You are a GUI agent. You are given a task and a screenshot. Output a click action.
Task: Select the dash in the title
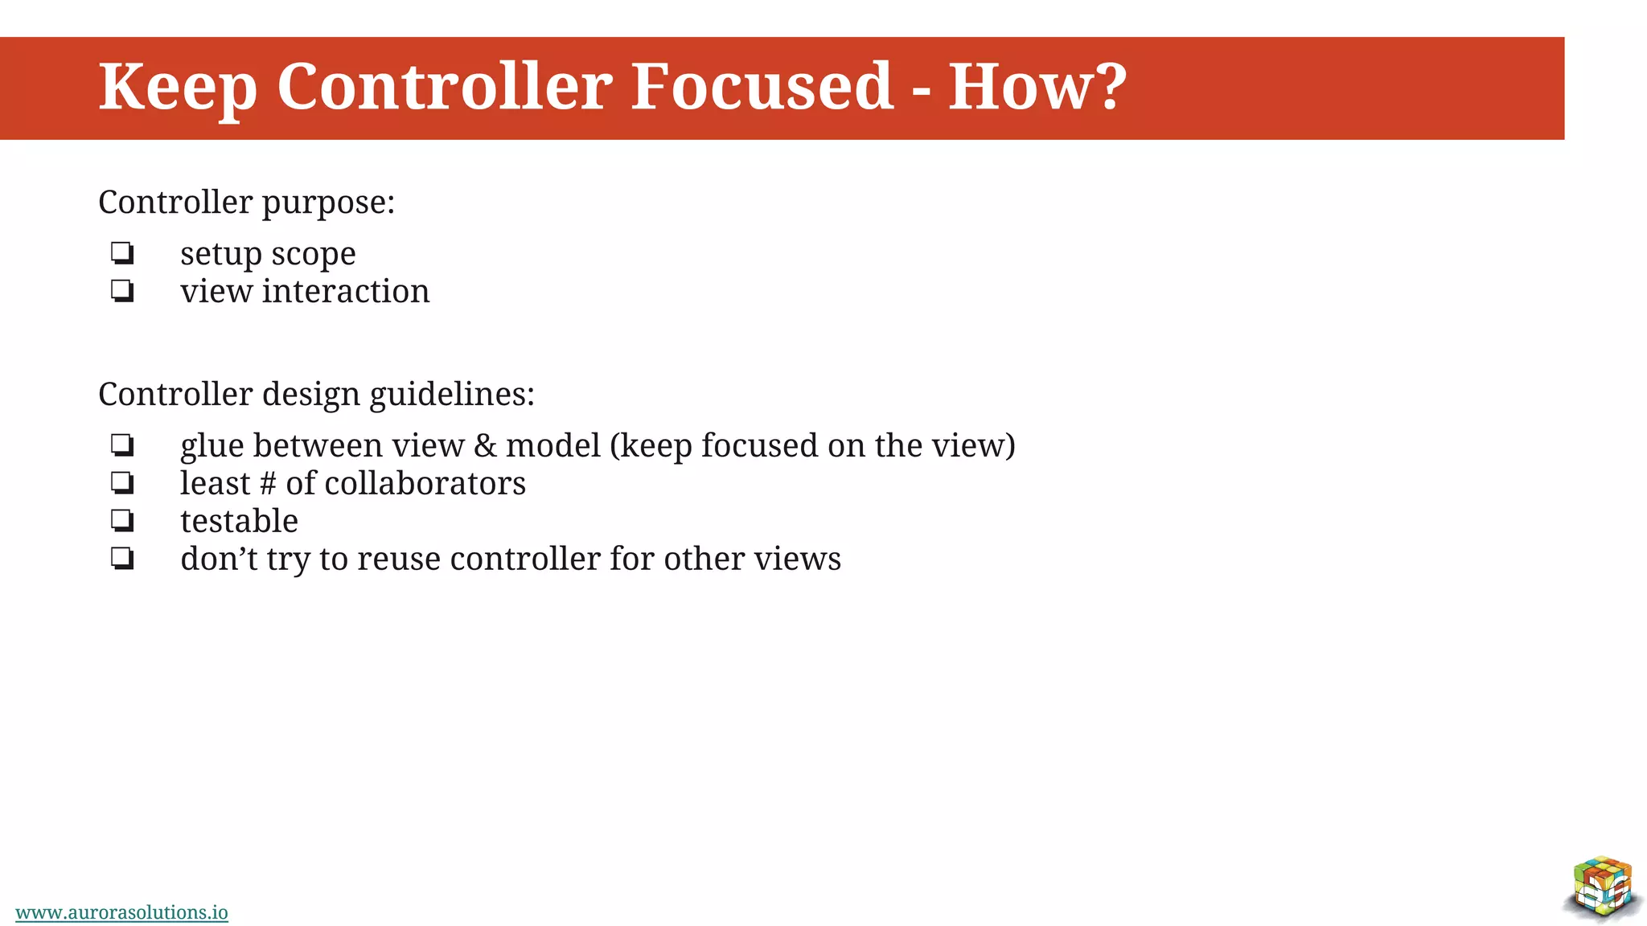(922, 90)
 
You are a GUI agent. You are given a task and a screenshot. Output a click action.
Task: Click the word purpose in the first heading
(327, 203)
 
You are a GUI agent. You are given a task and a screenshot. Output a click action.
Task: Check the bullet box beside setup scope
(122, 253)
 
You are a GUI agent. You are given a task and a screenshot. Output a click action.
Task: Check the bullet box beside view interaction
(122, 290)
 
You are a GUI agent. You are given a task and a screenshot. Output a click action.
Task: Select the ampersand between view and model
(485, 445)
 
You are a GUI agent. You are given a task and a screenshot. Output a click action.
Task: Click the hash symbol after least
(268, 483)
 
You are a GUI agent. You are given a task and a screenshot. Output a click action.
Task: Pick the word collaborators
(425, 483)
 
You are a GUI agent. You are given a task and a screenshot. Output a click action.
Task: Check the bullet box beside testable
(122, 520)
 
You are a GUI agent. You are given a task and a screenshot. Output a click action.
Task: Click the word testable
(239, 521)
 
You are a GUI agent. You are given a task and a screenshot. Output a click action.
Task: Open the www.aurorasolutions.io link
(121, 912)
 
